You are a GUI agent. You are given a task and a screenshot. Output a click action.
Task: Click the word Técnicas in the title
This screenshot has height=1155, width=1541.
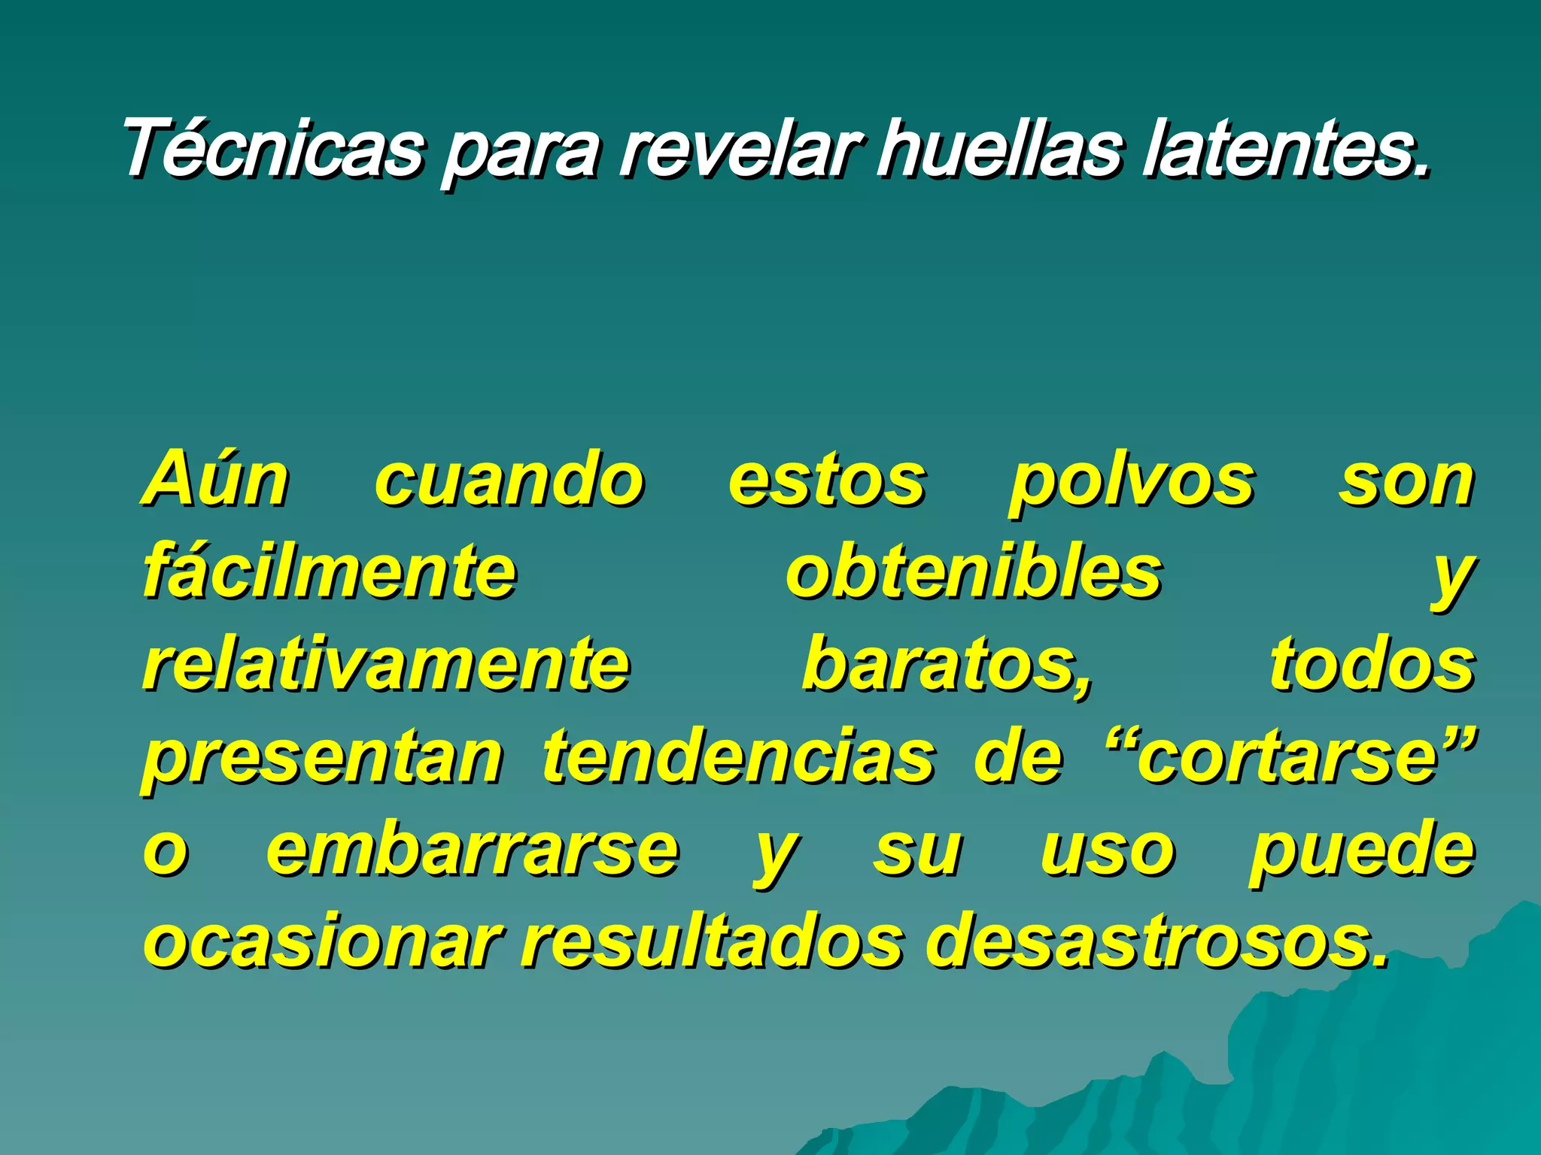(x=272, y=148)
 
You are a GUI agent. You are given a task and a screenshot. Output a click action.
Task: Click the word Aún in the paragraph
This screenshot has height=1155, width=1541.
(x=216, y=480)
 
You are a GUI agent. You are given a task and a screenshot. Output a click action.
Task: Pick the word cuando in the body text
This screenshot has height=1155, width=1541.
(x=509, y=481)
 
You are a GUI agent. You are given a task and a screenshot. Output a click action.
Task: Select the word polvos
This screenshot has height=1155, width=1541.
(x=1131, y=483)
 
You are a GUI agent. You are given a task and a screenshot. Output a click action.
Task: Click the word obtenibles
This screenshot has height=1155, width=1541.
(x=974, y=573)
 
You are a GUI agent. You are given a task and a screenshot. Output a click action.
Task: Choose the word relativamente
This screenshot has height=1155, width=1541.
(x=386, y=665)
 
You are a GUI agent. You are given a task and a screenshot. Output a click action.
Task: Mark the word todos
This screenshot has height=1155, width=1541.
(x=1372, y=665)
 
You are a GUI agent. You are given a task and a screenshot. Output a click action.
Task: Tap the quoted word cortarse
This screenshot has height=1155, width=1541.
(x=1288, y=758)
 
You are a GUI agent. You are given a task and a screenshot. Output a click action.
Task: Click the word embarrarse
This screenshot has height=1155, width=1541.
(x=473, y=851)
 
